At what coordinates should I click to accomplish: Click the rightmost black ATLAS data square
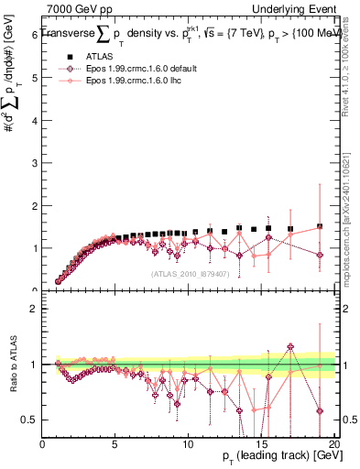[320, 226]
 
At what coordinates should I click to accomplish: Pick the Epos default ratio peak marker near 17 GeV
[290, 346]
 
